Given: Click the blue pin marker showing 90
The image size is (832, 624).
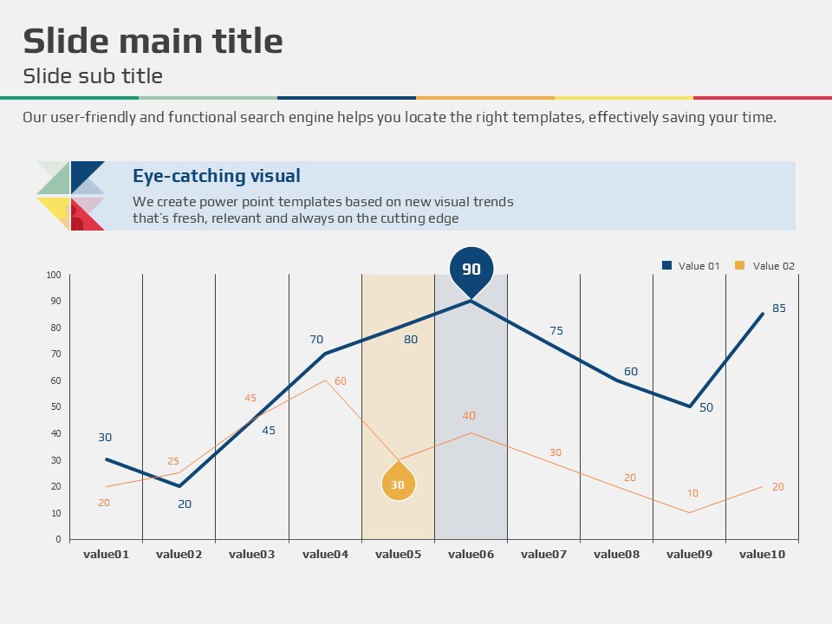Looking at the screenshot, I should (x=471, y=269).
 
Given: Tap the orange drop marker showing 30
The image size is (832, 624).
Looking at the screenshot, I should (x=398, y=484).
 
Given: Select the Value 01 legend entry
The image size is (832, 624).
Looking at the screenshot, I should (x=691, y=266).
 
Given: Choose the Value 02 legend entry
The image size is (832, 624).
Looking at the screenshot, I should (x=765, y=266).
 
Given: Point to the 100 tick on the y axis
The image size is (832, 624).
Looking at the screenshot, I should (x=54, y=276).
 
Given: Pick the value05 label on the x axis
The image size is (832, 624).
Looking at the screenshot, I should (x=398, y=554).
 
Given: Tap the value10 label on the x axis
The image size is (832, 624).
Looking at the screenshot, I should (x=762, y=554).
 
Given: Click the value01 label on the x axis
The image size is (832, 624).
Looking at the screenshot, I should (x=106, y=554).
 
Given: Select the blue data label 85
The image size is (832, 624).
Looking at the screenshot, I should (x=779, y=308).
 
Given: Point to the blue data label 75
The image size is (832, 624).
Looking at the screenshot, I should (x=556, y=330).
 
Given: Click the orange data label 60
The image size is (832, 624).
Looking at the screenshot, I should (x=341, y=381).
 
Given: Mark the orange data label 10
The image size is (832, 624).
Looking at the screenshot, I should (x=692, y=493).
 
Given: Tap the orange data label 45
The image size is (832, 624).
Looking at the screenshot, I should (x=250, y=398).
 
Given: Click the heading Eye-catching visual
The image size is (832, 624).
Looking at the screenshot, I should (x=217, y=176).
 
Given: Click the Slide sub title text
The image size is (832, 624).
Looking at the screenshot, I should (x=93, y=75).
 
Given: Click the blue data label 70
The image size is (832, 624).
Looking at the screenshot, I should (x=316, y=340).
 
